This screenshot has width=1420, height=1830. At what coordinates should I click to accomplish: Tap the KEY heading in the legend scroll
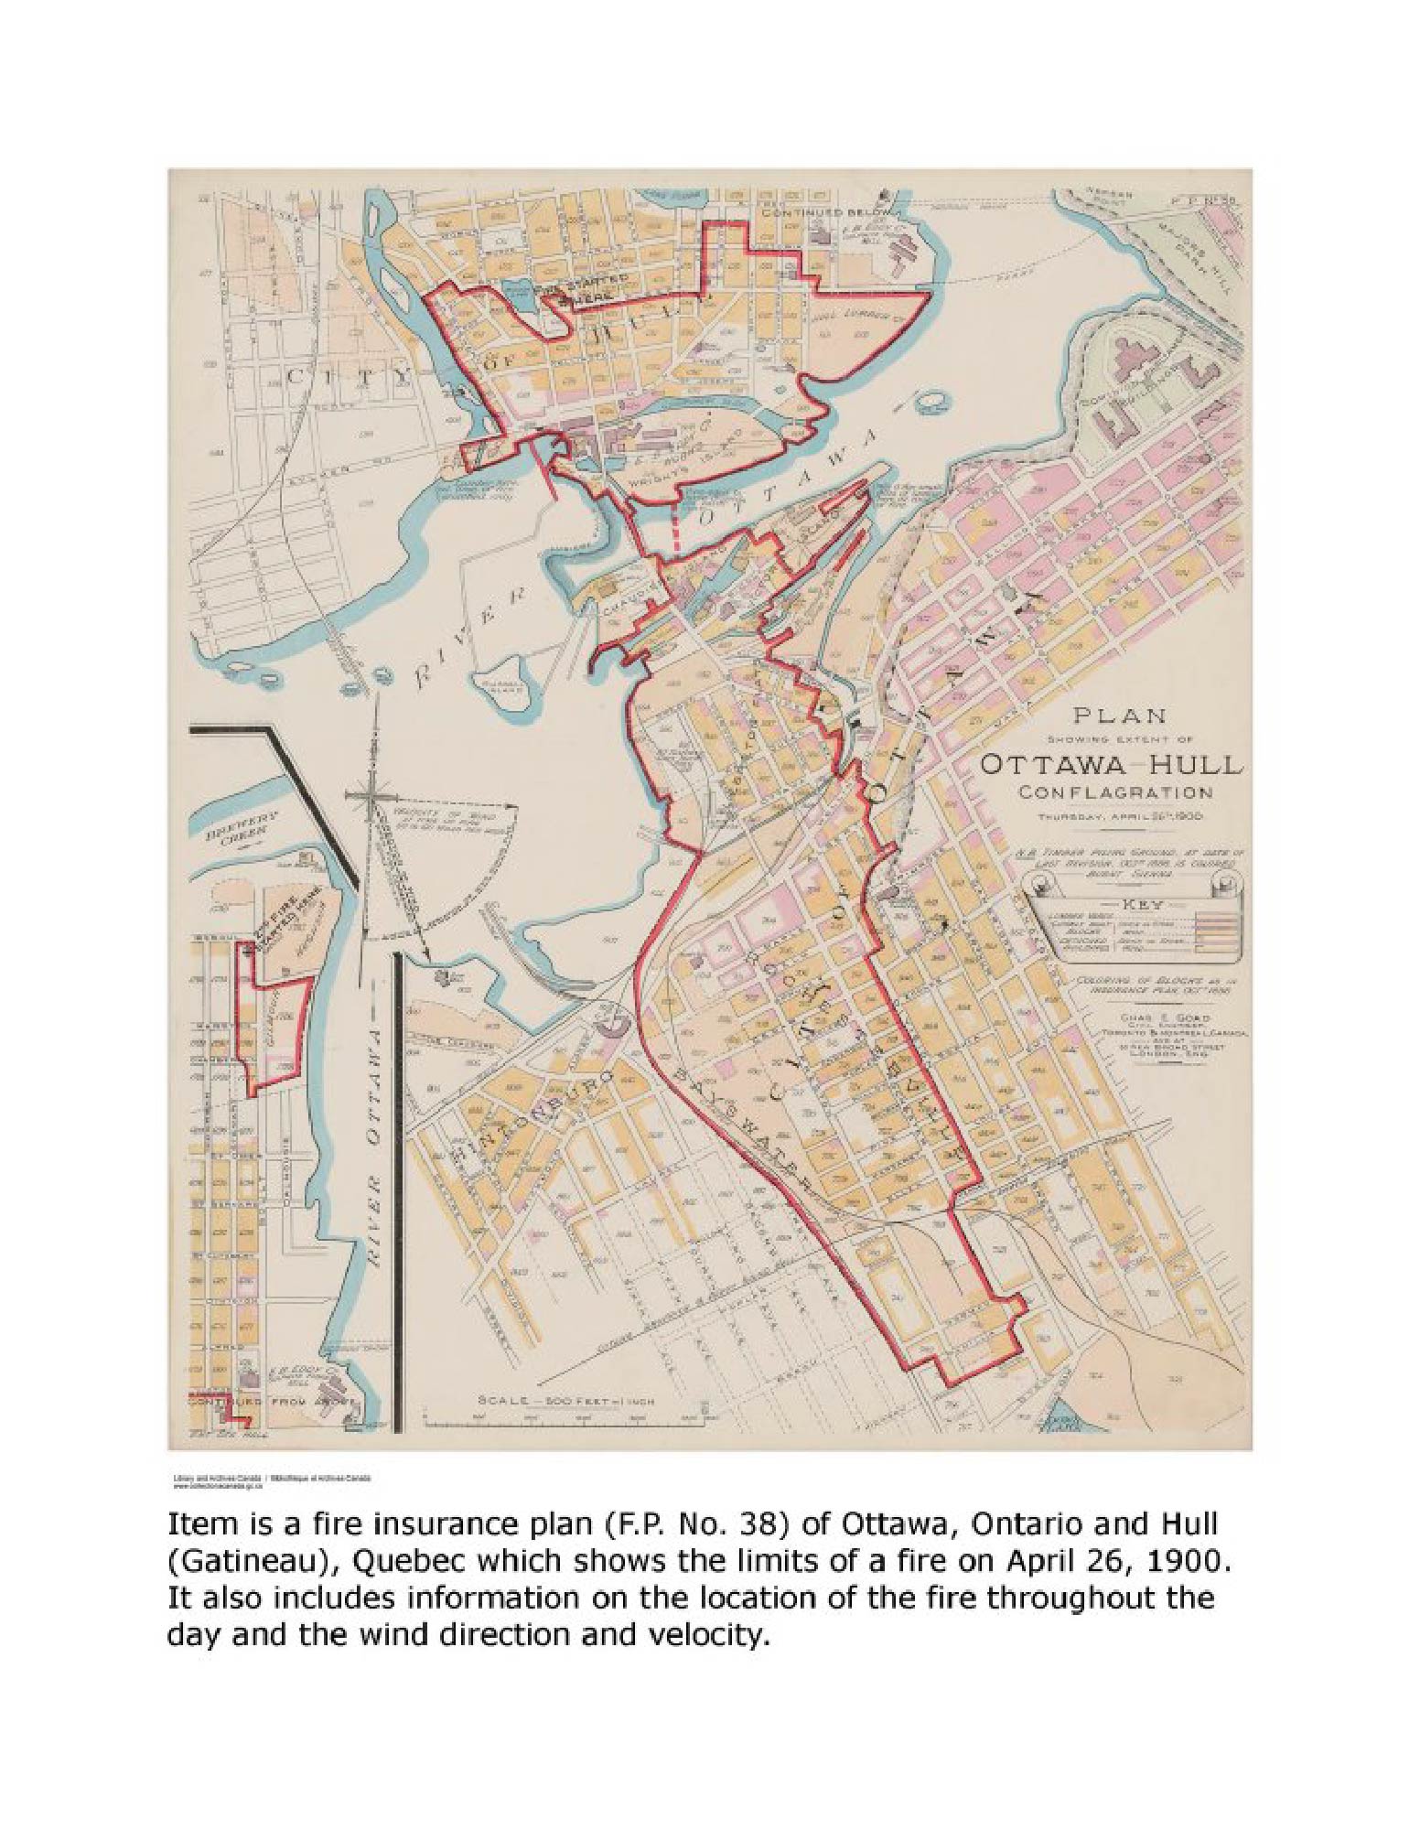[x=1134, y=904]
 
